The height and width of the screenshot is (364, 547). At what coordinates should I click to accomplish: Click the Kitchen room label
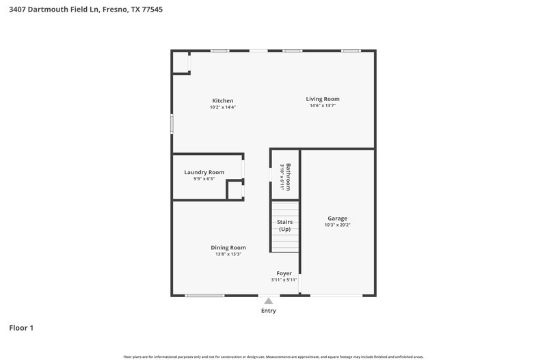[222, 100]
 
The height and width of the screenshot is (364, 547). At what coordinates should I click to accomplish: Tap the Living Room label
[323, 99]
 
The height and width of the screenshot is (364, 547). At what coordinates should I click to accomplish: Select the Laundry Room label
[204, 172]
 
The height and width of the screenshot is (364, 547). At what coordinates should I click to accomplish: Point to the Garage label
[337, 219]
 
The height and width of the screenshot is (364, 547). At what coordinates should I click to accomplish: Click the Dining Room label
[228, 248]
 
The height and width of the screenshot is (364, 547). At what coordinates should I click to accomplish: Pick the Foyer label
[284, 273]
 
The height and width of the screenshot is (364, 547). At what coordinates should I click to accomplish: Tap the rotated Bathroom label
[289, 177]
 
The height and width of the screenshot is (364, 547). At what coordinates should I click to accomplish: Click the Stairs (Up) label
[284, 226]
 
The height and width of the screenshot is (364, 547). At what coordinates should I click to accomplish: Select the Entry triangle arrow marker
[268, 300]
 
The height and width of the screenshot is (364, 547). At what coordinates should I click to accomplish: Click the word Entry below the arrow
[268, 311]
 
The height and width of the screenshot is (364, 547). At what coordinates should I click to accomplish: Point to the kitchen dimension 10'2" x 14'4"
[222, 107]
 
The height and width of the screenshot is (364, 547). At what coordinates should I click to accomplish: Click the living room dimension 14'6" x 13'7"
[323, 106]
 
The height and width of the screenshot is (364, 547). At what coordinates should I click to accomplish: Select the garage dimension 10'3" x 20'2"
[337, 225]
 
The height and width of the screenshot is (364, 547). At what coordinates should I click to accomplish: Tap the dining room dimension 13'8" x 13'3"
[228, 254]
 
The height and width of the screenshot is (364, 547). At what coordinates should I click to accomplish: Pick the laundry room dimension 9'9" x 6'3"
[204, 179]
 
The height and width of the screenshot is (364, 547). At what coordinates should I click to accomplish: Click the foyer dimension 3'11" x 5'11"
[284, 280]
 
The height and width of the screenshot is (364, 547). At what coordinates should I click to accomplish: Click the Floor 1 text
[21, 328]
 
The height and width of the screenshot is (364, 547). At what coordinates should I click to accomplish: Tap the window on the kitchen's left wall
[172, 124]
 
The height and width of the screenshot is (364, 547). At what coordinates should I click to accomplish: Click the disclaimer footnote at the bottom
[273, 356]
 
